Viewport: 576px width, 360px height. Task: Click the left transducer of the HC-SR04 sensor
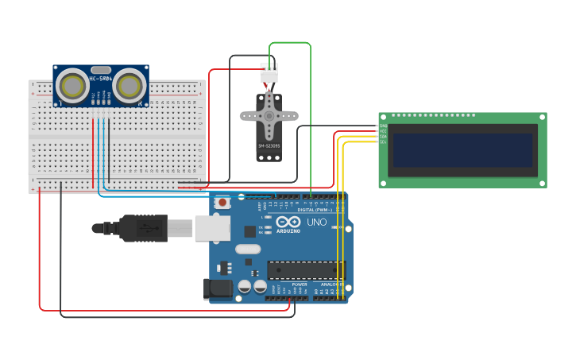[73, 85]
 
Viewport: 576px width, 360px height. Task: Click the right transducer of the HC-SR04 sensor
[129, 85]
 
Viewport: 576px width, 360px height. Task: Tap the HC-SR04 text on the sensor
[100, 79]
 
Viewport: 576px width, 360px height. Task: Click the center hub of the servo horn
[269, 115]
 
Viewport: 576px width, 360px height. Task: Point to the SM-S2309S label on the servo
[269, 145]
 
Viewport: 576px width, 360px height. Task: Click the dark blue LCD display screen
[462, 149]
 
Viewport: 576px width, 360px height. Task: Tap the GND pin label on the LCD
[383, 126]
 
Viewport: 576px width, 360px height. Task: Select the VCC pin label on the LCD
[383, 130]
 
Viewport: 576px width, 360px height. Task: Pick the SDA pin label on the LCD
[383, 136]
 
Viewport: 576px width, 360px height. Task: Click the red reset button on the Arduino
[223, 203]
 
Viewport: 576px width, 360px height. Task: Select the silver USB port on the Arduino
[212, 228]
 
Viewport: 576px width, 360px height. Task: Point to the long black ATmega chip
[306, 270]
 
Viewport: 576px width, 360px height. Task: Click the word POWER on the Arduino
[300, 284]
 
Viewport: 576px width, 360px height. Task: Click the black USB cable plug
[143, 228]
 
